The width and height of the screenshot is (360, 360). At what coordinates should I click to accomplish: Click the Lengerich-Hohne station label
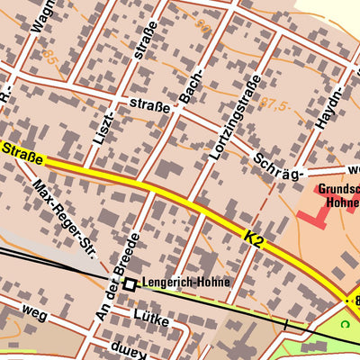click(185, 283)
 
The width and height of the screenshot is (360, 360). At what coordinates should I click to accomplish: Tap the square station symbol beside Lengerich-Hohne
click(130, 283)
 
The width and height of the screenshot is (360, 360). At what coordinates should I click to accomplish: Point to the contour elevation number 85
click(49, 60)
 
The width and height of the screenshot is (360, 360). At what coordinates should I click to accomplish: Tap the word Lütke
click(151, 315)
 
